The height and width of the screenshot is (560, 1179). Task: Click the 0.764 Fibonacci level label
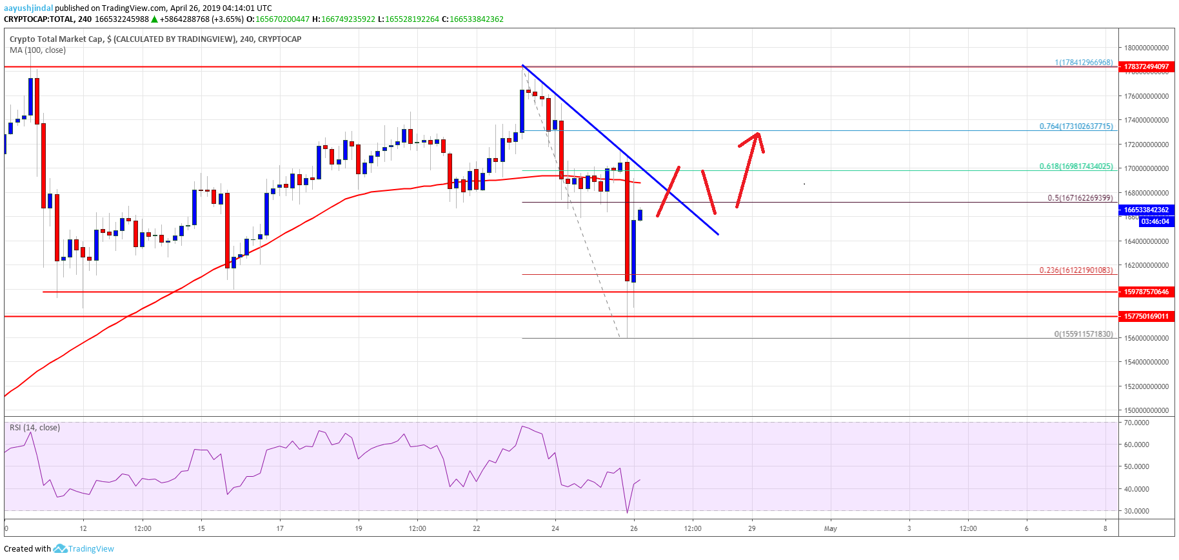click(x=1076, y=126)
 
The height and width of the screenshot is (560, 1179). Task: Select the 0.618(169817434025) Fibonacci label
click(x=1076, y=166)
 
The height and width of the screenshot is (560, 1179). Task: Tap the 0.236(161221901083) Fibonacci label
click(x=1076, y=270)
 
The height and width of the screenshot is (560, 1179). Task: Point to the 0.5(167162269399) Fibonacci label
click(x=1080, y=198)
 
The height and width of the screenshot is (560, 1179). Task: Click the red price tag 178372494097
click(x=1146, y=66)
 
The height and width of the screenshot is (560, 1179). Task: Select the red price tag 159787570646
click(x=1146, y=292)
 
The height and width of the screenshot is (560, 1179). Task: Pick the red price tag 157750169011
click(x=1146, y=316)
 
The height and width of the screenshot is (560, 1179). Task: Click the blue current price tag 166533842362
click(x=1146, y=210)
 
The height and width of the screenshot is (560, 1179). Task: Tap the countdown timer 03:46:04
click(x=1154, y=221)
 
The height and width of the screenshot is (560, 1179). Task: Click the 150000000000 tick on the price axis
click(x=1146, y=410)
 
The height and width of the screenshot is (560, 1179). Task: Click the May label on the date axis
click(x=830, y=528)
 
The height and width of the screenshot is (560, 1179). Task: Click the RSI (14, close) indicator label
click(x=35, y=428)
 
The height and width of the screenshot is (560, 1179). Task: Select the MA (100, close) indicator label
click(x=37, y=50)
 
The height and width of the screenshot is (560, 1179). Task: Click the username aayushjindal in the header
click(x=28, y=8)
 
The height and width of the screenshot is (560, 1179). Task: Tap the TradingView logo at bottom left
click(x=84, y=549)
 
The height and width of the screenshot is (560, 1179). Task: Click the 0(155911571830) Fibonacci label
click(x=1083, y=334)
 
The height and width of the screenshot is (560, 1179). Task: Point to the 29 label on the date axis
click(x=751, y=528)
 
